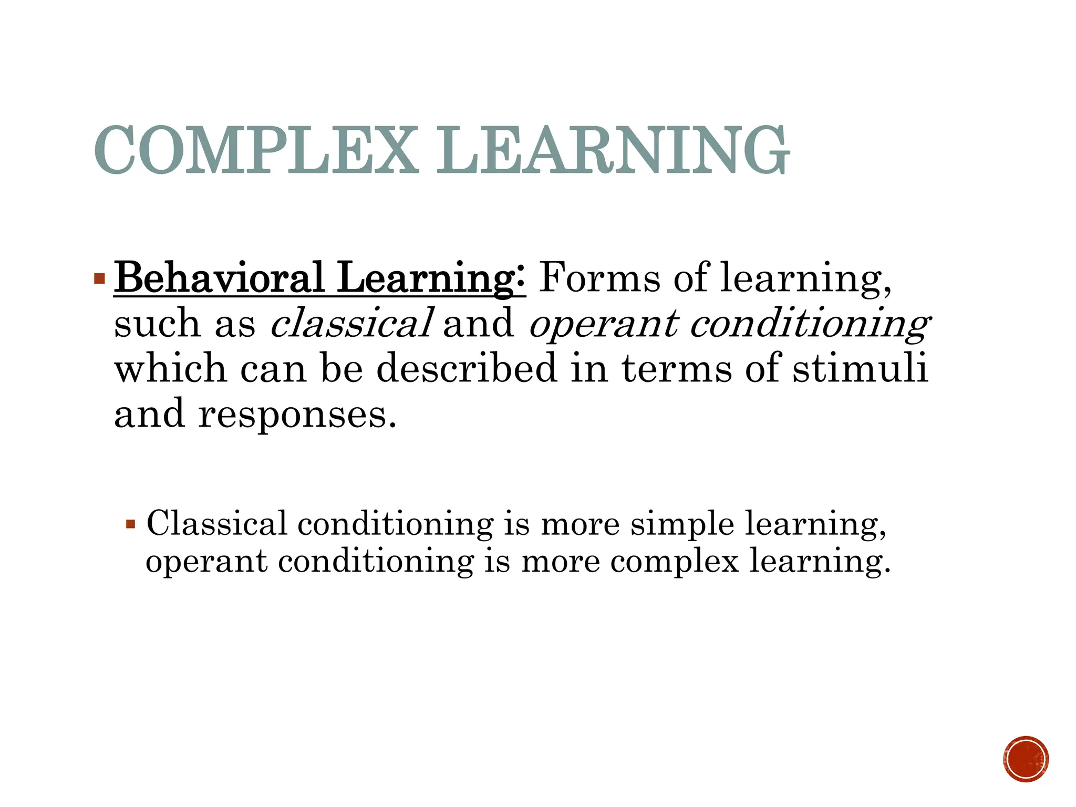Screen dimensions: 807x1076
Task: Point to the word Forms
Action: [x=599, y=278]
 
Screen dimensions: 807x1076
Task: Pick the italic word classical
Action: [x=351, y=323]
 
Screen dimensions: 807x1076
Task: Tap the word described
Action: [x=467, y=368]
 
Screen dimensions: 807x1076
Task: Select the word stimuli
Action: [x=860, y=368]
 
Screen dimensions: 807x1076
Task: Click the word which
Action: [x=171, y=368]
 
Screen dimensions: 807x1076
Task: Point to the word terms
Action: [x=677, y=368]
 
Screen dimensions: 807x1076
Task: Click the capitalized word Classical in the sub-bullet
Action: [x=217, y=524]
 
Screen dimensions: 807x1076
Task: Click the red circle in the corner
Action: [x=1026, y=759]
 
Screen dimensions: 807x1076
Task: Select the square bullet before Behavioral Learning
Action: [x=99, y=278]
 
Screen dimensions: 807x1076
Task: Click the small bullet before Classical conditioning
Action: [x=131, y=524]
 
